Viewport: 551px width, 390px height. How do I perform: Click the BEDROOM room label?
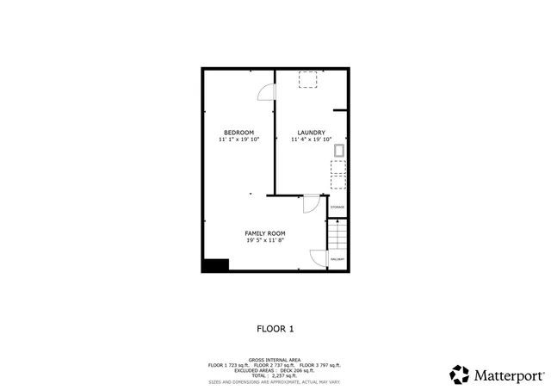[238, 132]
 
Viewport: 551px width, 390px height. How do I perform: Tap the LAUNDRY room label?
[311, 132]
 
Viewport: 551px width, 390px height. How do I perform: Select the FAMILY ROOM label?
[264, 233]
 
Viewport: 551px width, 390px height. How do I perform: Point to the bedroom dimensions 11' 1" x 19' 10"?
[238, 139]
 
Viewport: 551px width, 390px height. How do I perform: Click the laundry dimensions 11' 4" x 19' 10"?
[311, 139]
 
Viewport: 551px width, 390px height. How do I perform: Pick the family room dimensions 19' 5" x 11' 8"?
[264, 241]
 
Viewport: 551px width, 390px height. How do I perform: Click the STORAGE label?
[337, 207]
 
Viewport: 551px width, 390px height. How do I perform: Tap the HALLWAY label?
[337, 259]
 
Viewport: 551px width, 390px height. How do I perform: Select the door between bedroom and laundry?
[267, 91]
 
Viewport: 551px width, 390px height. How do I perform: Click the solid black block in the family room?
[214, 265]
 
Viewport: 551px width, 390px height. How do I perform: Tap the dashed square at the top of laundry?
[306, 80]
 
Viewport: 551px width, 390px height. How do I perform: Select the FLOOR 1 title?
[275, 328]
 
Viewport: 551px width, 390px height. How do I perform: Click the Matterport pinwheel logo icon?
[460, 375]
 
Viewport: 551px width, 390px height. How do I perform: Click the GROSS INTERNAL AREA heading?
[275, 359]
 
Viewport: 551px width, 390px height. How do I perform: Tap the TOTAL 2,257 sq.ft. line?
[275, 375]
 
